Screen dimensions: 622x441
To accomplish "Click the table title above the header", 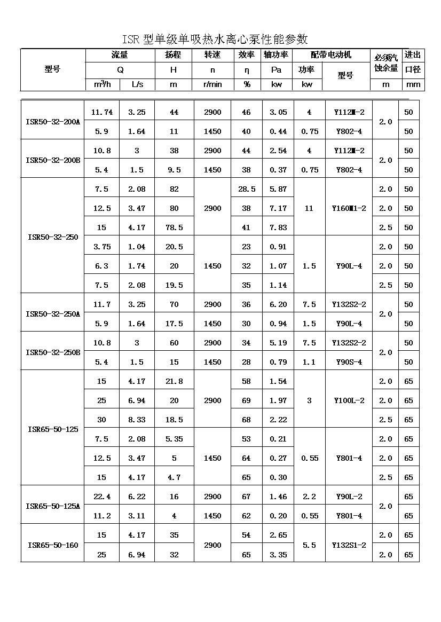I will click(x=215, y=40).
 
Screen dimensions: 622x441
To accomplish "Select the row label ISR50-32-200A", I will click(x=52, y=122).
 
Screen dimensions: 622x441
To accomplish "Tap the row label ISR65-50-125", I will click(x=52, y=429).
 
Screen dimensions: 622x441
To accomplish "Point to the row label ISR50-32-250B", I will click(x=52, y=352).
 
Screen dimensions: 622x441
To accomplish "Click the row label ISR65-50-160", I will click(x=52, y=545).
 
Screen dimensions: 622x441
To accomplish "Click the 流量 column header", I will click(x=120, y=55).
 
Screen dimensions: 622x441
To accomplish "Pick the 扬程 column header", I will click(x=174, y=55).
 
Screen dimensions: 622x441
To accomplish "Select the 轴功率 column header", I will click(x=276, y=55).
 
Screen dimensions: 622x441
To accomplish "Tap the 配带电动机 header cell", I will click(x=331, y=55).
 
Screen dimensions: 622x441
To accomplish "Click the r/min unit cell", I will click(x=212, y=84).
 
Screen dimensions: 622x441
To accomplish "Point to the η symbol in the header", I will click(x=246, y=69).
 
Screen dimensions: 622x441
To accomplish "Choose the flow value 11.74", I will click(x=101, y=112).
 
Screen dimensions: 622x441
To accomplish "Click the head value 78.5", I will click(x=174, y=227).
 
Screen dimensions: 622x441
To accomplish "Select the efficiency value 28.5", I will click(x=246, y=189).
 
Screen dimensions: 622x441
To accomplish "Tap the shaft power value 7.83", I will click(x=278, y=227).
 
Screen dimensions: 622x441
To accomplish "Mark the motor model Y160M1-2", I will click(x=349, y=208).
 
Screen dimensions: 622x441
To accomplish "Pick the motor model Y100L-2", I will click(x=349, y=400).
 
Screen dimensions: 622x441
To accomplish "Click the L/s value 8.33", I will click(x=137, y=420).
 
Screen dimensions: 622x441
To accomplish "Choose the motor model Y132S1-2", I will click(x=349, y=545).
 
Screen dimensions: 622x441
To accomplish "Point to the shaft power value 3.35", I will click(x=278, y=555).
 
